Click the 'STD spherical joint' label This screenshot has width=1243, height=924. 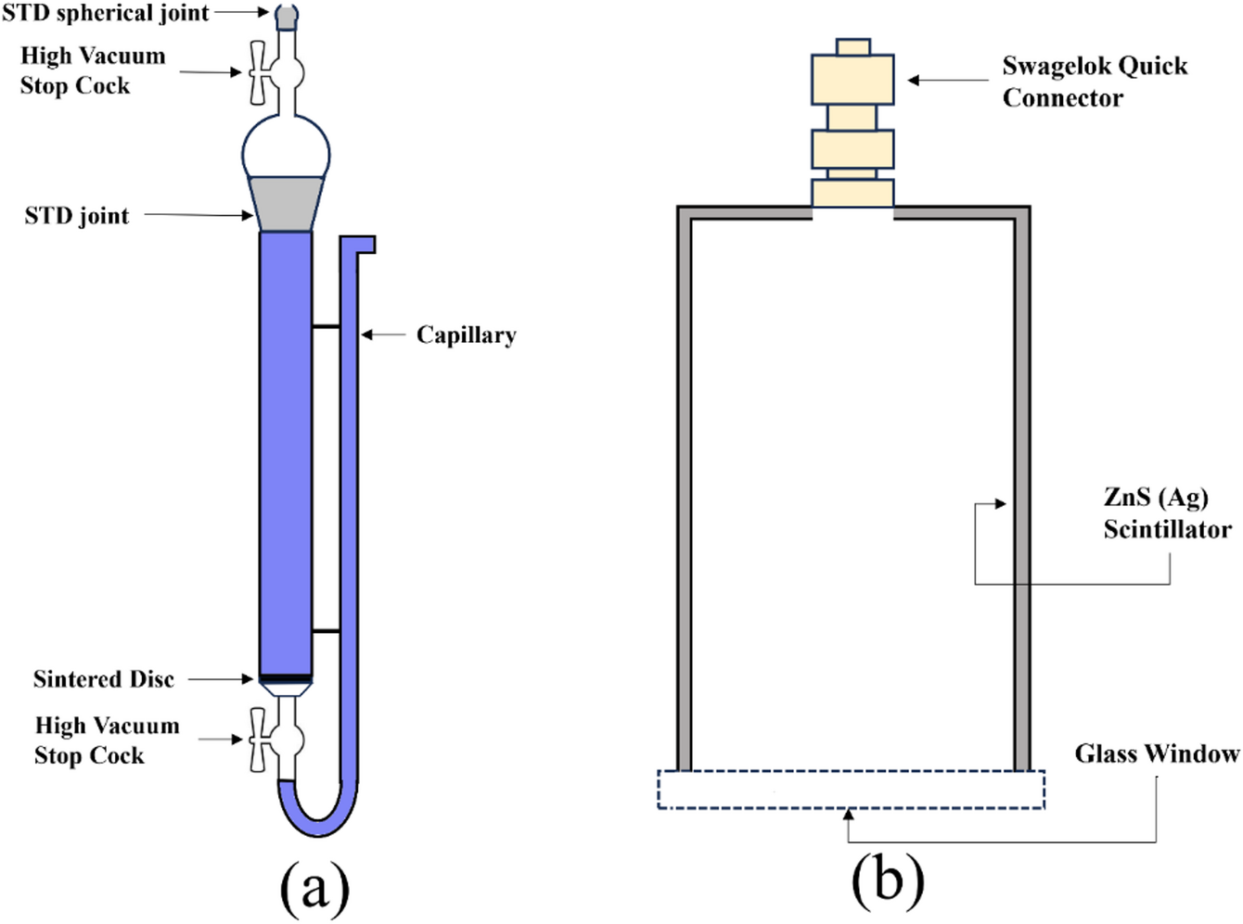coord(105,13)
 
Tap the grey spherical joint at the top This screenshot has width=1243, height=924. coord(287,15)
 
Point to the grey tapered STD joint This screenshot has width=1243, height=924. coord(286,203)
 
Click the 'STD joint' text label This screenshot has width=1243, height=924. coord(77,216)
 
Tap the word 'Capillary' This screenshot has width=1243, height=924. coord(466,335)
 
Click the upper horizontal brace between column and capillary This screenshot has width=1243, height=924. coord(326,326)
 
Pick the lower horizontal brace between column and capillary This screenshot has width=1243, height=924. coord(326,631)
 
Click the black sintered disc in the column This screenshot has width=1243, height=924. coord(286,677)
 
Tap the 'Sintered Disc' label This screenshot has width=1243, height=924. coord(104,679)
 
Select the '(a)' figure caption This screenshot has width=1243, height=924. coord(314,886)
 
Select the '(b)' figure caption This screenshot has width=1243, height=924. coord(887,880)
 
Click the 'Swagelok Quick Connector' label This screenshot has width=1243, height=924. coord(1094,82)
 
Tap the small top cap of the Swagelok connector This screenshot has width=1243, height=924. coord(852,47)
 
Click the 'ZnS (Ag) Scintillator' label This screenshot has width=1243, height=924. coord(1166,513)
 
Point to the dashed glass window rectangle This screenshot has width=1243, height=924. coord(851,790)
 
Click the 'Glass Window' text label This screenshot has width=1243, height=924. coord(1156,753)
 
